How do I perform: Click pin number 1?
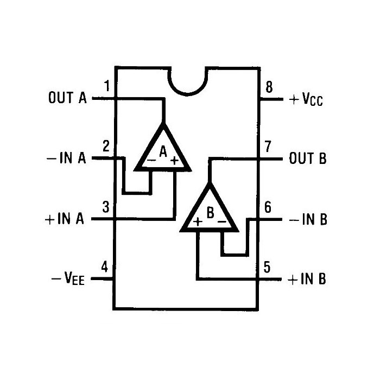(107, 86)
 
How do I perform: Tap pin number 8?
(269, 87)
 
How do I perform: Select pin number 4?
(104, 267)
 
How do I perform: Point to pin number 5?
(267, 267)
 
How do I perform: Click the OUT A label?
(67, 98)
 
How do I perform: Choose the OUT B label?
(308, 158)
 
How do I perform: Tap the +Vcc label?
(306, 99)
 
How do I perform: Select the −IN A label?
(66, 158)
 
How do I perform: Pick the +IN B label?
(307, 279)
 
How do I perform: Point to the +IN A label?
(65, 219)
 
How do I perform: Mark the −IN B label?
(308, 219)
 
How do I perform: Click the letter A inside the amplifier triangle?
(163, 151)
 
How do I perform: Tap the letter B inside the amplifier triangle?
(211, 213)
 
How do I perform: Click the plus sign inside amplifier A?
(175, 161)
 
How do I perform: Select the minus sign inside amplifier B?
(221, 222)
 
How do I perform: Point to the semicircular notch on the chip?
(187, 92)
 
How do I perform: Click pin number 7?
(268, 146)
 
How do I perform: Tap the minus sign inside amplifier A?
(151, 160)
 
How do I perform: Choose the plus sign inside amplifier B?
(198, 222)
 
